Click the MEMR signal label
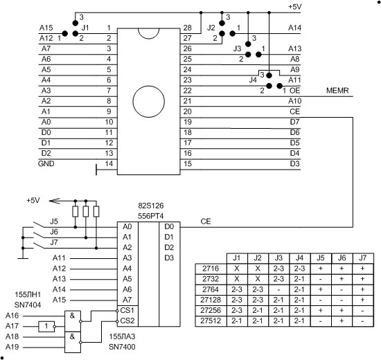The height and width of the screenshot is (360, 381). (x=337, y=91)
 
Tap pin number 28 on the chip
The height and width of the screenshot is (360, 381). (x=187, y=28)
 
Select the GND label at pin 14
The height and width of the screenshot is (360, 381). (x=46, y=163)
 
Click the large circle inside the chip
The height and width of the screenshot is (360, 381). (x=149, y=101)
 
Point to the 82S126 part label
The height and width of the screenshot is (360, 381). (x=151, y=206)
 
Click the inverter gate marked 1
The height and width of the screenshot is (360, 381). (x=46, y=326)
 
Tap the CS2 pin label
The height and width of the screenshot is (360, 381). (x=127, y=321)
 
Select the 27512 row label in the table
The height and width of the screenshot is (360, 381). (x=211, y=321)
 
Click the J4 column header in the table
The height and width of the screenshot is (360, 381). (x=299, y=258)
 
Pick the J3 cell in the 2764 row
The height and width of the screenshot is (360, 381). (x=278, y=289)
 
